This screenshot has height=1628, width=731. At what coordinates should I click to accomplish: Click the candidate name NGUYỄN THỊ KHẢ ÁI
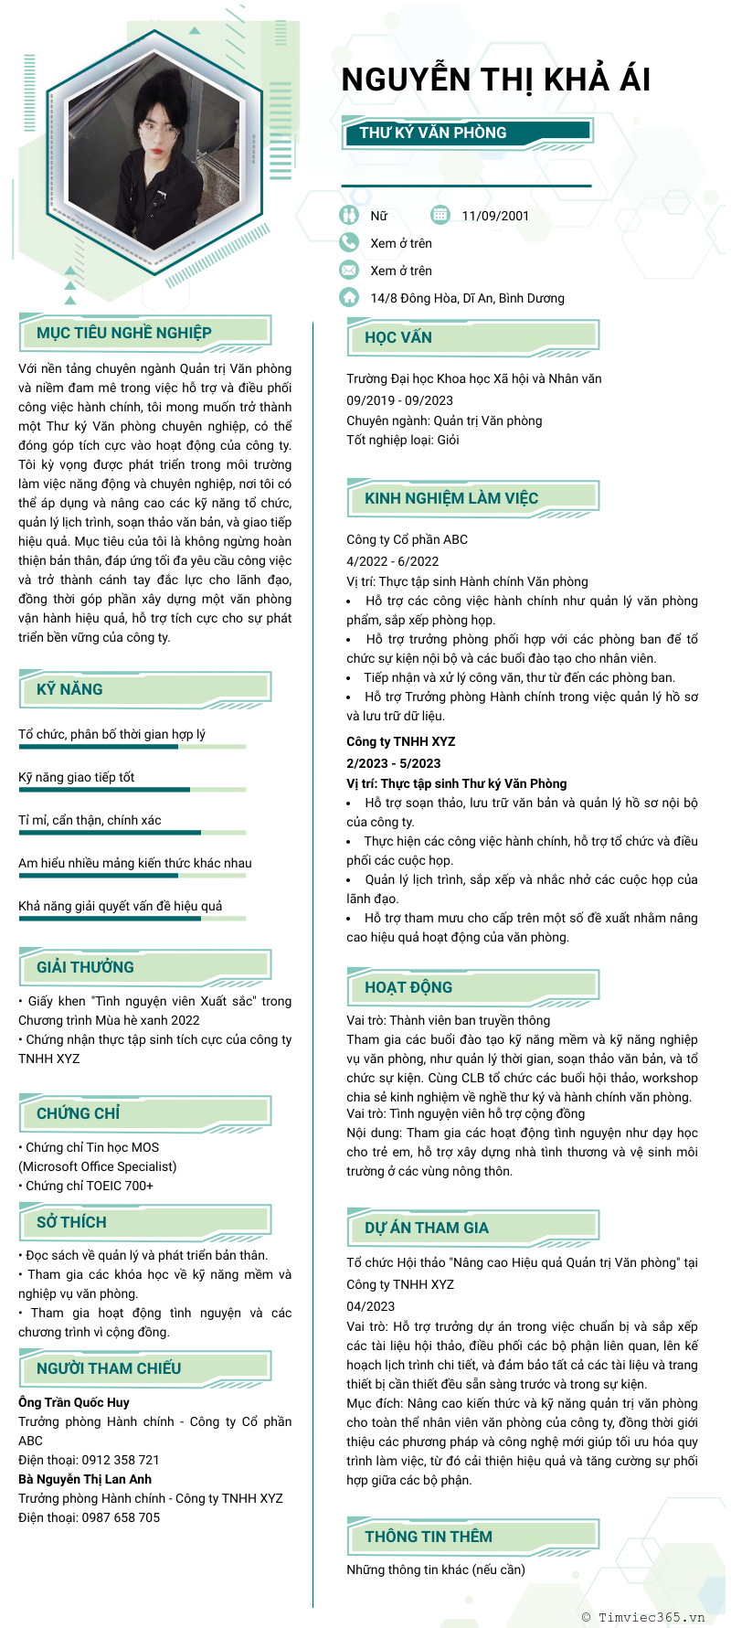[x=495, y=80]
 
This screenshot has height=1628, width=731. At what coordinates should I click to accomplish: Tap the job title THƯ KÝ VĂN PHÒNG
[x=432, y=133]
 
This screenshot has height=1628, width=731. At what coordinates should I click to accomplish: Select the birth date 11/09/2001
[x=495, y=216]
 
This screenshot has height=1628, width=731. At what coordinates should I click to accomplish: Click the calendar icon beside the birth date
[x=440, y=215]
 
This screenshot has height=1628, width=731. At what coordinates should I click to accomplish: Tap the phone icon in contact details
[x=348, y=242]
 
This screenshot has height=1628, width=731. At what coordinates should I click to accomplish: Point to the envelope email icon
[x=348, y=270]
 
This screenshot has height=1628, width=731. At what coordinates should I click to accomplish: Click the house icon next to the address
[x=348, y=297]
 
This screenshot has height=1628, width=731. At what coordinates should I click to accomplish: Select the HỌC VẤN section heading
[x=398, y=337]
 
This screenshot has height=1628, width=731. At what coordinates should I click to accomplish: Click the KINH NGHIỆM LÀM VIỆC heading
[x=451, y=498]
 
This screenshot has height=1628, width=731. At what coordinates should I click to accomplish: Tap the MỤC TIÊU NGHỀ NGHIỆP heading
[x=124, y=333]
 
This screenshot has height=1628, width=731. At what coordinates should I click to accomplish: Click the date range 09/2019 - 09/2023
[x=399, y=400]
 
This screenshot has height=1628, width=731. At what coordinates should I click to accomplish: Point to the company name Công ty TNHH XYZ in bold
[x=400, y=741]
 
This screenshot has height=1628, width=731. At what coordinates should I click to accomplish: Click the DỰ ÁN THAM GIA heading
[x=427, y=1228]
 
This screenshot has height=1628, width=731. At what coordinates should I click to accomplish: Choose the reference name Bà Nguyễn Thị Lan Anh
[x=85, y=1479]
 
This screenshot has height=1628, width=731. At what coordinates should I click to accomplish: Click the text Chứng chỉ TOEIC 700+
[x=89, y=1186]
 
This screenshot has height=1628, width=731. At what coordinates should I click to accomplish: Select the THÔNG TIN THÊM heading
[x=429, y=1537]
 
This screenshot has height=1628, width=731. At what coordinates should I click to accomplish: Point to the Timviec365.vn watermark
[x=643, y=1617]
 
